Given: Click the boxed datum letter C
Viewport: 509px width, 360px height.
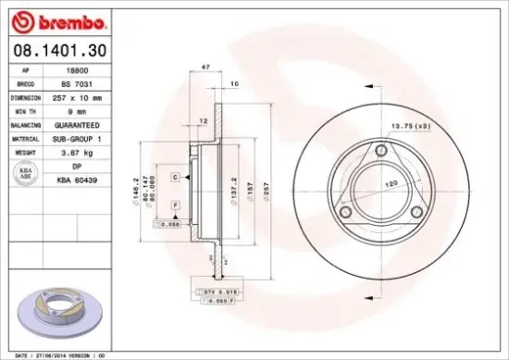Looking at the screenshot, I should click(174, 175).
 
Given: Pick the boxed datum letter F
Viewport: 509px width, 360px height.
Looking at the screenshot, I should click(174, 204).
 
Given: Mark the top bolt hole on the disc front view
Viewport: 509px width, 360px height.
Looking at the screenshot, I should click(381, 152).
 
